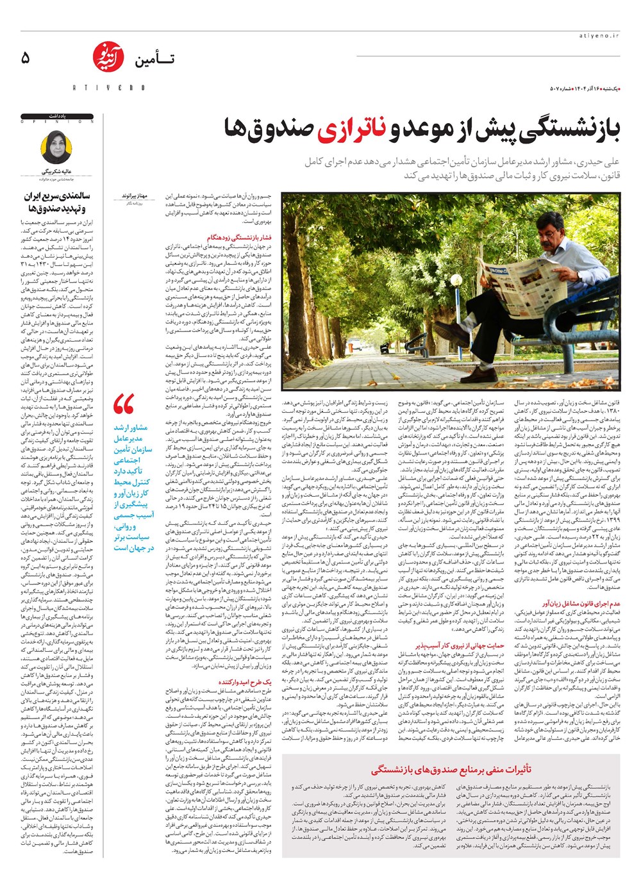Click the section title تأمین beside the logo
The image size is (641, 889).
tap(153, 60)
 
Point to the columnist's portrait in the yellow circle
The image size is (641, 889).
tap(56, 147)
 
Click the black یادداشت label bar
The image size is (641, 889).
tap(57, 116)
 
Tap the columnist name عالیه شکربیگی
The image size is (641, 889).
tap(58, 172)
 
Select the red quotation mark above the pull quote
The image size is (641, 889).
tap(124, 405)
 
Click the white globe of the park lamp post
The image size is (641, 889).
tap(456, 281)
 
